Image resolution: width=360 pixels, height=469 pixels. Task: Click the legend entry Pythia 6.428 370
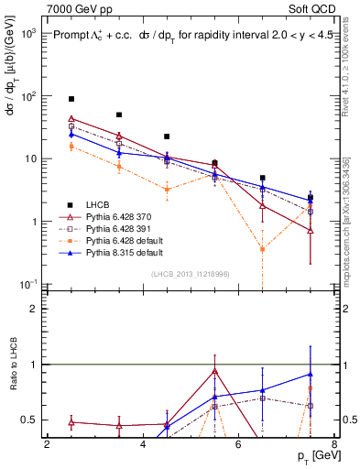click(115, 216)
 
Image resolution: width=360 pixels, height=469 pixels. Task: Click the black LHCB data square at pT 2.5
click(71, 98)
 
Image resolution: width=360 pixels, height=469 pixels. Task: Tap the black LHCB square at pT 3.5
click(119, 115)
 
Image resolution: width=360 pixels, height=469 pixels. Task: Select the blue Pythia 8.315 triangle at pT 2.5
click(71, 135)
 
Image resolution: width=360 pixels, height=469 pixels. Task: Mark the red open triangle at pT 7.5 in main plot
click(311, 231)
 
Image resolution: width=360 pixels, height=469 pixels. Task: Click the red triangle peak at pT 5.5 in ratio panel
click(214, 371)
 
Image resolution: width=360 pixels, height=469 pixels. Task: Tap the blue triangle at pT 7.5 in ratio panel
click(311, 374)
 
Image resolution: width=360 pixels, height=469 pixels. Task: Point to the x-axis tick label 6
click(238, 444)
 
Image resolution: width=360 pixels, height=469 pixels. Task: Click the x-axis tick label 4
click(143, 444)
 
